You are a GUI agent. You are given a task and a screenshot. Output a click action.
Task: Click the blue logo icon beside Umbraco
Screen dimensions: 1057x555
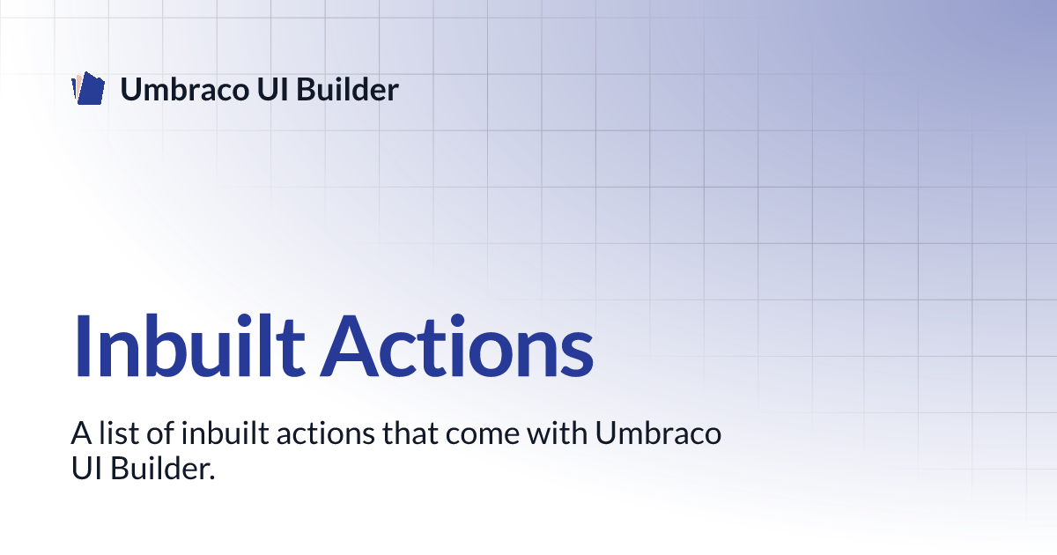click(88, 88)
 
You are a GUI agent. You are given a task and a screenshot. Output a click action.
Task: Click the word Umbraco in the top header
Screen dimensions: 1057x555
click(184, 89)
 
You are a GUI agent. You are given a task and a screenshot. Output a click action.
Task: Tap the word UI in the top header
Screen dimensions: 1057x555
click(273, 89)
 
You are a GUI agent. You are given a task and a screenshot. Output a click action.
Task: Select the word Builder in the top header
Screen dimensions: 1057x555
click(348, 89)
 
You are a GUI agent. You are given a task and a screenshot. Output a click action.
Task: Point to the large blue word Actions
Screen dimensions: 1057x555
click(457, 345)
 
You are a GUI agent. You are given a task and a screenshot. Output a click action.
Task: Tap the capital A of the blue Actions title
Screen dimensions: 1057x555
click(349, 345)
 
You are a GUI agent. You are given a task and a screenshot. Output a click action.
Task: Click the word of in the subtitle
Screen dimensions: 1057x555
click(161, 433)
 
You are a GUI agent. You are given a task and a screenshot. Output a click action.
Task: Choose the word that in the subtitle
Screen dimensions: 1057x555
click(410, 433)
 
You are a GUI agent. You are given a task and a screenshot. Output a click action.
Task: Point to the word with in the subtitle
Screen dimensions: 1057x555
click(558, 433)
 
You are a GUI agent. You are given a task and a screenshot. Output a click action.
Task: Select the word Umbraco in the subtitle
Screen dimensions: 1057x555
click(658, 433)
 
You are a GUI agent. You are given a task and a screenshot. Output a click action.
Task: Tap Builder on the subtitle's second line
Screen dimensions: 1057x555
click(159, 469)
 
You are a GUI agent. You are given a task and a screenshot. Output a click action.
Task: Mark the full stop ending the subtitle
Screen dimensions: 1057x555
click(212, 477)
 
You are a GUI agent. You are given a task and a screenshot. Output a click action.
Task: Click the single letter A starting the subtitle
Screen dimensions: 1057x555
click(81, 433)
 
